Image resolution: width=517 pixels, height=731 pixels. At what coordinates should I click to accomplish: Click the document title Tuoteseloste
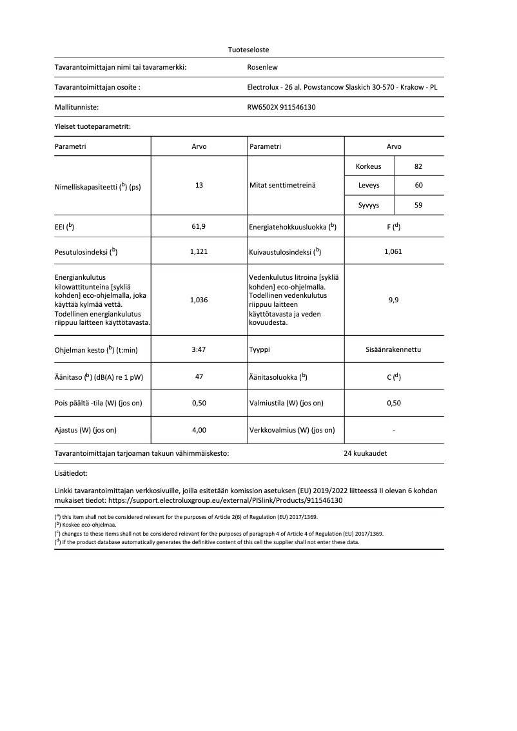tap(249, 50)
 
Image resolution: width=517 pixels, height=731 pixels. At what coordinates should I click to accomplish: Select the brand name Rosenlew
tap(262, 67)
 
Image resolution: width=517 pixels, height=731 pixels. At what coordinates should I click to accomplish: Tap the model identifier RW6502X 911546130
tap(282, 108)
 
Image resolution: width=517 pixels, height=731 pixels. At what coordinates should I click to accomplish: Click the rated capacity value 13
tap(199, 185)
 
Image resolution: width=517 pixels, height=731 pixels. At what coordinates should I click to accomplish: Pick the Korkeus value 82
tap(418, 166)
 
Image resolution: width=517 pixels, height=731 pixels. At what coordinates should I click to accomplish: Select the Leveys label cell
tap(369, 186)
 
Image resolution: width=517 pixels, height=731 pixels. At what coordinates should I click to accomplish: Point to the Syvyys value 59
tap(418, 206)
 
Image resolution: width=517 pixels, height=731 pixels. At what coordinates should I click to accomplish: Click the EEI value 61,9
tap(199, 227)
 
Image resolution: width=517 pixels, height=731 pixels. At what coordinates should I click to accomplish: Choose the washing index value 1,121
tap(199, 251)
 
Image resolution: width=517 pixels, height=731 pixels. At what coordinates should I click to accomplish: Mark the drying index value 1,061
tap(393, 251)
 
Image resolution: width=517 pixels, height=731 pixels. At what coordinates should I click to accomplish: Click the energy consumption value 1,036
tap(199, 300)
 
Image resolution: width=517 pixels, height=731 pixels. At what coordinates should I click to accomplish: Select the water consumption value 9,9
tap(393, 300)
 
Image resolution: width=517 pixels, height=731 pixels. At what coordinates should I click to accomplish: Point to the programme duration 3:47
tap(199, 350)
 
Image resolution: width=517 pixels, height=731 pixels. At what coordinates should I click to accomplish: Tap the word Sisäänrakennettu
tap(393, 350)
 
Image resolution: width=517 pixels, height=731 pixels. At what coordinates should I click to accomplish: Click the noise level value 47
tap(199, 377)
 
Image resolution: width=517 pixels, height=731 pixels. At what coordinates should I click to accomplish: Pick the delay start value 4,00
tap(199, 430)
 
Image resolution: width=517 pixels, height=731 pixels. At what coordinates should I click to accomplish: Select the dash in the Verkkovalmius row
tap(393, 430)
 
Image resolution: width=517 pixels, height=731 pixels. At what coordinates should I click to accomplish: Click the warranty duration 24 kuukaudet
tap(366, 453)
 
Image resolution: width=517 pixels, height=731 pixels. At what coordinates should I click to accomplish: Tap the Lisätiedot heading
tap(72, 474)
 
